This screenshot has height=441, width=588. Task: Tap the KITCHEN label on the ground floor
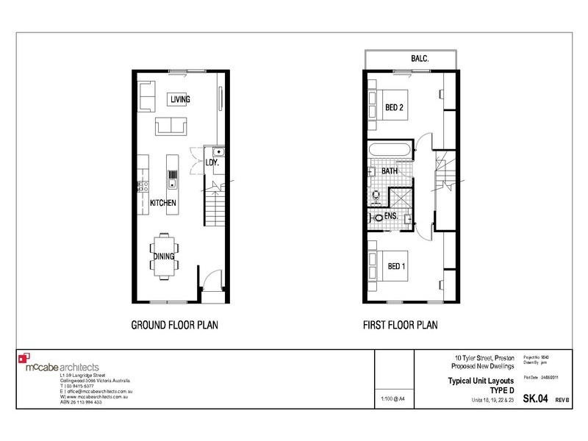pyautogui.click(x=162, y=202)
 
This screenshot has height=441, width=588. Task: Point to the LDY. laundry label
pyautogui.click(x=213, y=162)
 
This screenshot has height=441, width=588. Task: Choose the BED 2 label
pyautogui.click(x=395, y=107)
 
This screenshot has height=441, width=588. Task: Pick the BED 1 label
pyautogui.click(x=395, y=266)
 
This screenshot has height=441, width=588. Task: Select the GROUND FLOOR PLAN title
pyautogui.click(x=174, y=324)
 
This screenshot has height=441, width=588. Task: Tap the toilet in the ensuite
pyautogui.click(x=377, y=218)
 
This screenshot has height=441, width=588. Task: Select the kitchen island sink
pyautogui.click(x=173, y=176)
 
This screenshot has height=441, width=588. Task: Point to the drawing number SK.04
pyautogui.click(x=534, y=399)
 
